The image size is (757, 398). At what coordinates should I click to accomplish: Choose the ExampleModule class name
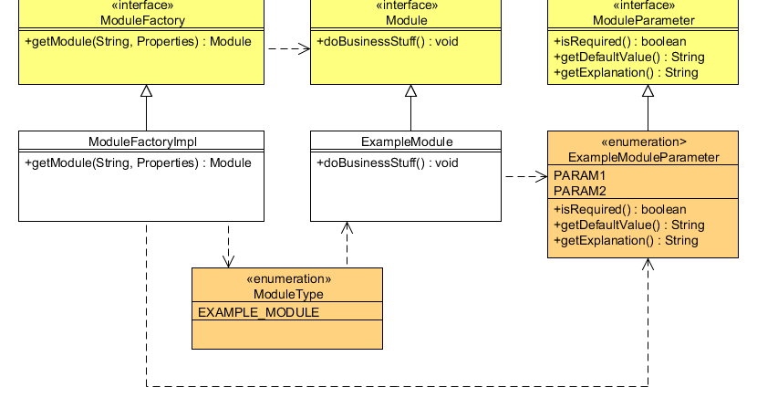[407, 141]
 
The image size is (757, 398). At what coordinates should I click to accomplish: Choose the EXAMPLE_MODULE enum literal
[259, 312]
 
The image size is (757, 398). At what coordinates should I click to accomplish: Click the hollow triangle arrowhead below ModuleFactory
[146, 90]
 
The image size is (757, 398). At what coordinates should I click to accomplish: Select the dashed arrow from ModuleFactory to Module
[287, 49]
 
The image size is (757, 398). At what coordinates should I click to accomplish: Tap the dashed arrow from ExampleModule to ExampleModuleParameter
[524, 176]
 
